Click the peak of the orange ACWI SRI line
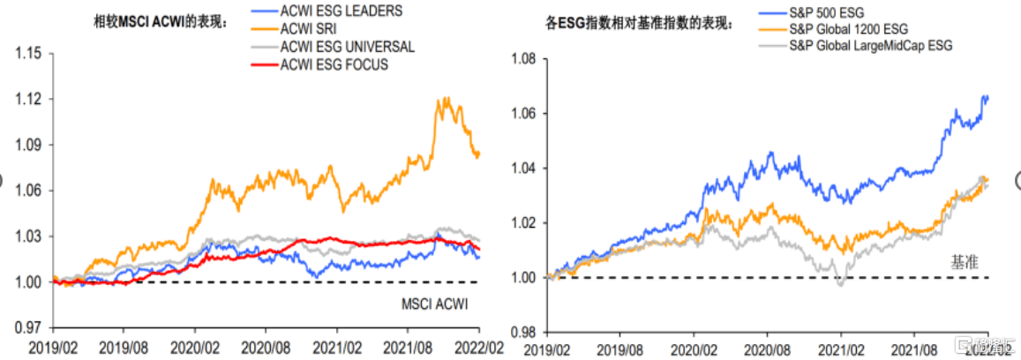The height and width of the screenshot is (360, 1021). point(446,98)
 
